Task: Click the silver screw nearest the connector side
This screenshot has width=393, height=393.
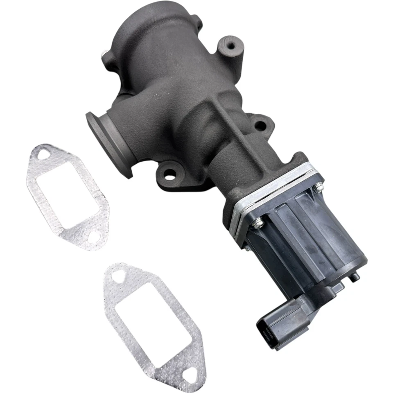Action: tap(258, 223)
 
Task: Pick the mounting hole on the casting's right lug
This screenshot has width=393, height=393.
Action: tap(260, 125)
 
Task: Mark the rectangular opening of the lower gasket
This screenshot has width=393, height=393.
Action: tap(154, 323)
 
